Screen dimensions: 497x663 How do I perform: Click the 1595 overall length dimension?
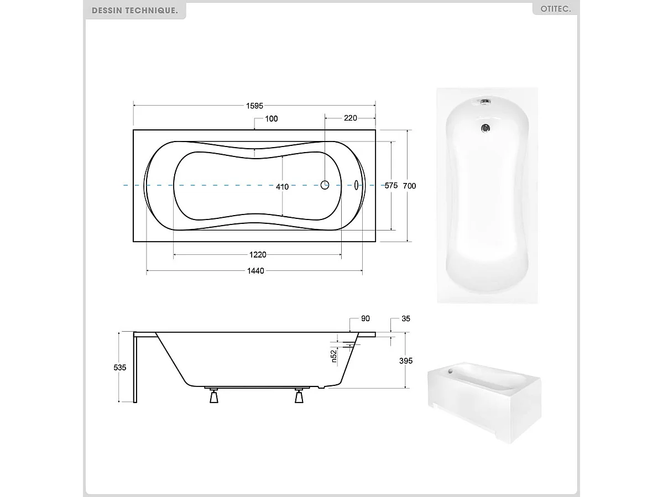click(254, 105)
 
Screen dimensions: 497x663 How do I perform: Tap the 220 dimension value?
click(350, 118)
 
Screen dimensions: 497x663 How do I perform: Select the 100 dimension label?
click(272, 119)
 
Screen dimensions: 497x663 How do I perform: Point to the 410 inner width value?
click(282, 186)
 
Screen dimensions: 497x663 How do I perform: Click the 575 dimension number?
click(391, 186)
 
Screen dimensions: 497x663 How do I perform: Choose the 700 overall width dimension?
click(409, 186)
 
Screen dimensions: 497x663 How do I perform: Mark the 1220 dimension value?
click(257, 255)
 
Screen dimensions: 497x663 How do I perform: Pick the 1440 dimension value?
click(255, 271)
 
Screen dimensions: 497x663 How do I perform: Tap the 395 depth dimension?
click(406, 360)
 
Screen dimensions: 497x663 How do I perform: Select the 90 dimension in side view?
click(365, 318)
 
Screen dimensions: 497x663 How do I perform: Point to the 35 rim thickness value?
click(405, 318)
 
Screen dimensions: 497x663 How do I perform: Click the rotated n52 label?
click(334, 355)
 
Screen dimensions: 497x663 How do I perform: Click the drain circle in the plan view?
click(325, 185)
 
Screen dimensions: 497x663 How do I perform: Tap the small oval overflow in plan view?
click(357, 185)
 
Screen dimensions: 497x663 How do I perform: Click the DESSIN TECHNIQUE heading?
click(135, 11)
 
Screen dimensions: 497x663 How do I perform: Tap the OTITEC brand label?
click(555, 9)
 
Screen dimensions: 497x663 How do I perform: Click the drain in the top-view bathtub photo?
click(485, 128)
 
